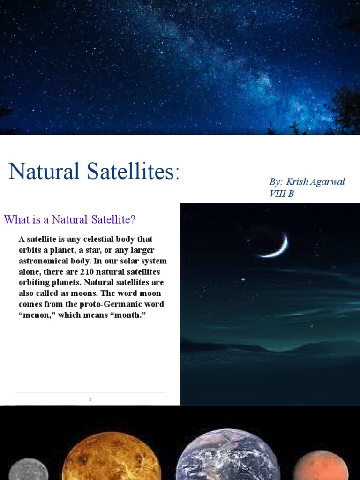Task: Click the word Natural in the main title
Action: pos(43,172)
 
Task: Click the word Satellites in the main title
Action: pos(130,172)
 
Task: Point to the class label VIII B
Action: pos(282,193)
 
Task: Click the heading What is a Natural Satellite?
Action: pos(69,219)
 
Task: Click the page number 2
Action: pos(90,399)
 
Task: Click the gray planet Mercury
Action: pos(28,470)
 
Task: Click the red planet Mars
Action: pos(321,466)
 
